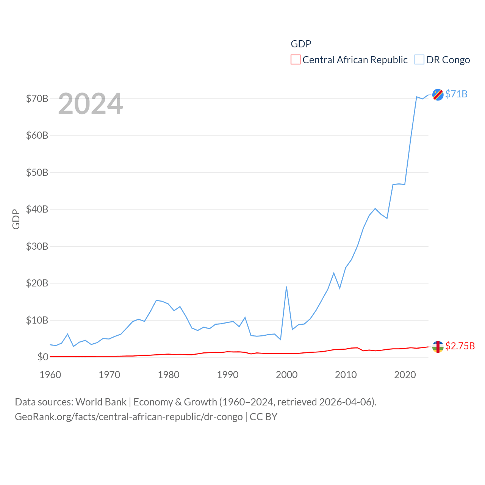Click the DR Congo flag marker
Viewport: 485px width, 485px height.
click(x=438, y=94)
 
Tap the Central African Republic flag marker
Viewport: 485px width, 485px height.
click(x=438, y=346)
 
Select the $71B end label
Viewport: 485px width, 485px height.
click(x=456, y=94)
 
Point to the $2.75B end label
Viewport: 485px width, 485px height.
click(x=460, y=346)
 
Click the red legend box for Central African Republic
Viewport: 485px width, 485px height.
click(x=296, y=60)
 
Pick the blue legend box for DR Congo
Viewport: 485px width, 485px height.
click(x=419, y=60)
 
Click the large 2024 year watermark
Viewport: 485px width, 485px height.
click(x=91, y=104)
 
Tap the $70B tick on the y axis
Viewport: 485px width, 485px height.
click(x=37, y=99)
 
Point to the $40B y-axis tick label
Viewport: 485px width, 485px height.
click(x=37, y=210)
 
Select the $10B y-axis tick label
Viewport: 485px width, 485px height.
click(x=37, y=321)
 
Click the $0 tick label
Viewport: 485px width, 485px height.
click(x=43, y=357)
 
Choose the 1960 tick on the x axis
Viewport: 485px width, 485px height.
click(x=50, y=375)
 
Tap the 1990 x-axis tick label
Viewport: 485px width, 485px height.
click(x=228, y=375)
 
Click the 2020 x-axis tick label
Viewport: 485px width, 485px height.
click(x=405, y=375)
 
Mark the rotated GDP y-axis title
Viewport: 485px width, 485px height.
click(x=16, y=219)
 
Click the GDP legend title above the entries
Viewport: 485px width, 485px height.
click(x=301, y=44)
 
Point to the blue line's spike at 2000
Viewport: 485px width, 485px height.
click(x=286, y=287)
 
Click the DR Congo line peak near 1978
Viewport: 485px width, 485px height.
click(x=156, y=300)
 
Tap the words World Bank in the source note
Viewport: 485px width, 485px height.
click(x=101, y=402)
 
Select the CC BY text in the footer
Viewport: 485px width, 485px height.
click(x=264, y=417)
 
